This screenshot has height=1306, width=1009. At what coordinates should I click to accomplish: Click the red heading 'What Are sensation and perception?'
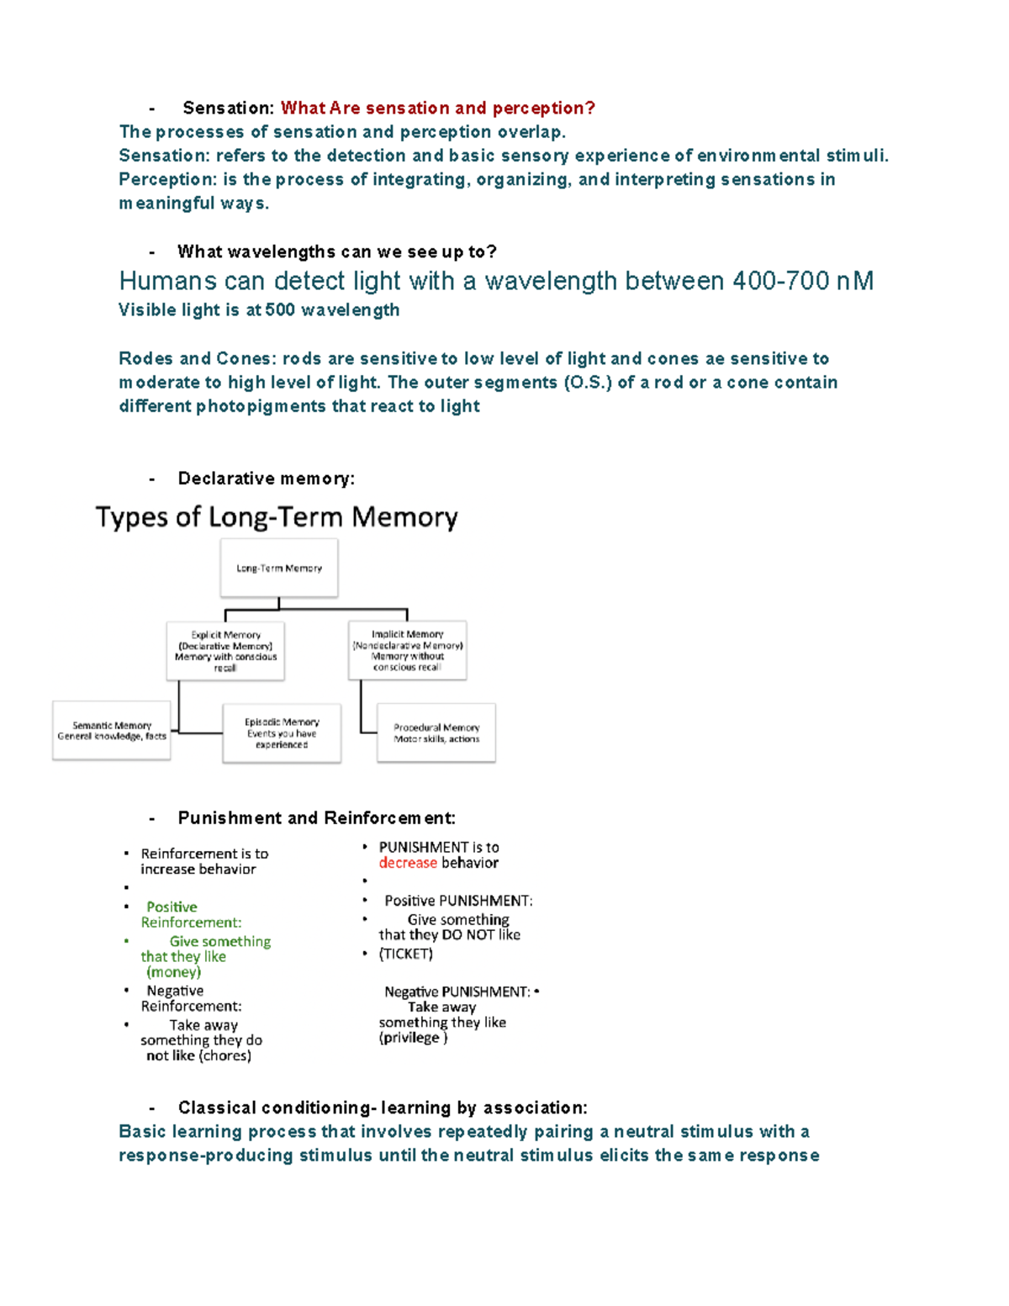pyautogui.click(x=437, y=108)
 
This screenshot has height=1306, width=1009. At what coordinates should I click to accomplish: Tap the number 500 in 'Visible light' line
pyautogui.click(x=280, y=310)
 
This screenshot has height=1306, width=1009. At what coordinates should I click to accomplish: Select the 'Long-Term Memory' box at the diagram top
pyautogui.click(x=279, y=568)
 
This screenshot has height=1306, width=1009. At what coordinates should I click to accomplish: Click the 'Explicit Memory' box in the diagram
pyautogui.click(x=225, y=651)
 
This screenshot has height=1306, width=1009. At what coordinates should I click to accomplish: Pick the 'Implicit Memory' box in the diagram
pyautogui.click(x=408, y=650)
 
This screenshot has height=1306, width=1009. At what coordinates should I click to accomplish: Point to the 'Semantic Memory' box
pyautogui.click(x=112, y=731)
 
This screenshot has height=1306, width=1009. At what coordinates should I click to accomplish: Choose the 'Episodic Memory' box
pyautogui.click(x=282, y=733)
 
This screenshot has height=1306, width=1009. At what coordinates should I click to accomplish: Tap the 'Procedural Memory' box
pyautogui.click(x=436, y=733)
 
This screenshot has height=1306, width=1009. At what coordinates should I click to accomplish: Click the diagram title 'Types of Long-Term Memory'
pyautogui.click(x=277, y=517)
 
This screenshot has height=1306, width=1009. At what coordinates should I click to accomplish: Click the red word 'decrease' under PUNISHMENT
pyautogui.click(x=408, y=863)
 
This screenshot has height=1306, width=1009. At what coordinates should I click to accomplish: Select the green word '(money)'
pyautogui.click(x=173, y=972)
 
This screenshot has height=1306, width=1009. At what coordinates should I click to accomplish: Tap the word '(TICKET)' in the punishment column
pyautogui.click(x=406, y=954)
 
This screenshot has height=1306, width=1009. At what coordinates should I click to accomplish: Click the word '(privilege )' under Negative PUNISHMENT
pyautogui.click(x=413, y=1038)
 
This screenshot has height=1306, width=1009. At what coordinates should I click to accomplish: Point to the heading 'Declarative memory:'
pyautogui.click(x=266, y=479)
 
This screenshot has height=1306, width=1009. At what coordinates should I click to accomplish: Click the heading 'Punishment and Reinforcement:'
pyautogui.click(x=316, y=818)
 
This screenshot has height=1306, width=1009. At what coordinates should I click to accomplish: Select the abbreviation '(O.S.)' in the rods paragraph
pyautogui.click(x=586, y=383)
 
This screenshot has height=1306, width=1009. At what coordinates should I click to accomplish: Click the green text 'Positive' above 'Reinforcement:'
pyautogui.click(x=172, y=907)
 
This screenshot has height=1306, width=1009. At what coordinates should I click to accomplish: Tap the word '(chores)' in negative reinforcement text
pyautogui.click(x=225, y=1055)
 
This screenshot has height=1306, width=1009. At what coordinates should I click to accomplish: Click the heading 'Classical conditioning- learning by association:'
pyautogui.click(x=382, y=1108)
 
